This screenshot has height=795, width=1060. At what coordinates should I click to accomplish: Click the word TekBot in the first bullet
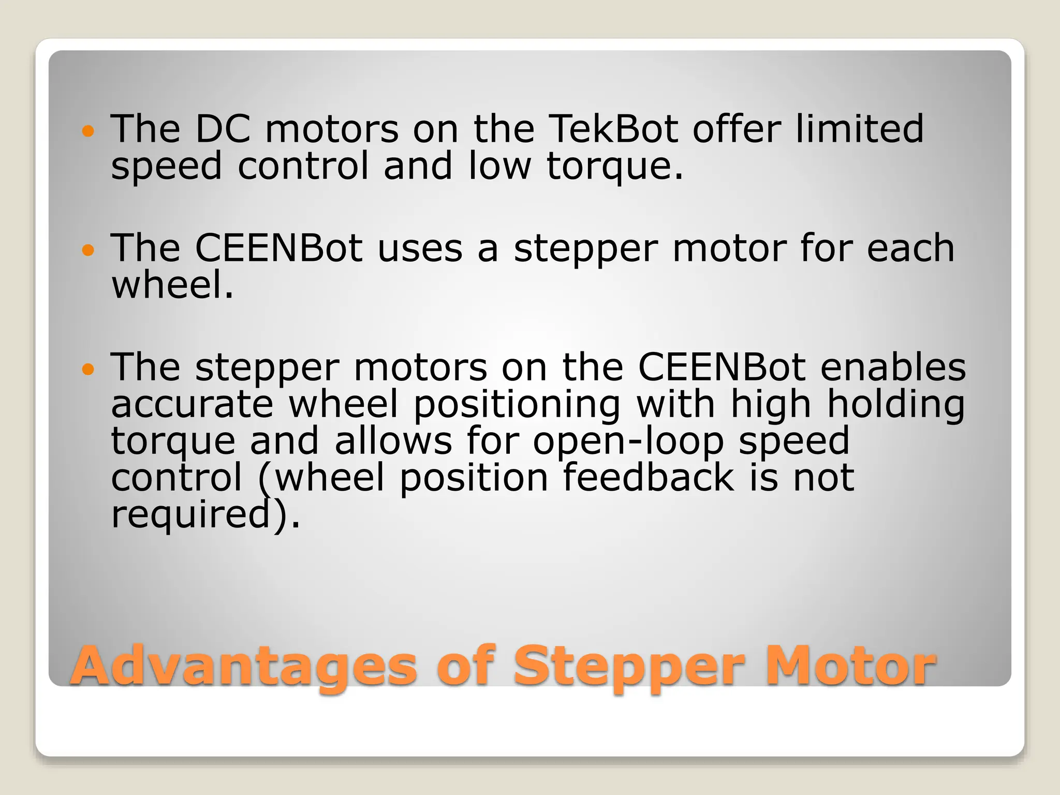[613, 129]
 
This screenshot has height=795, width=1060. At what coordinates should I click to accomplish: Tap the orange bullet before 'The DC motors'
[89, 131]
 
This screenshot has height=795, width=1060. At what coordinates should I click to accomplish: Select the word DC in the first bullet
[223, 129]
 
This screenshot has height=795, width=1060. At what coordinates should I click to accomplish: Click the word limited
[859, 129]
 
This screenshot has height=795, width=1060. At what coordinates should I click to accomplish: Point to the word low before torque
[499, 166]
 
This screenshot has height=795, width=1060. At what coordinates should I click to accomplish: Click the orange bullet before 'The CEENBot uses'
[89, 251]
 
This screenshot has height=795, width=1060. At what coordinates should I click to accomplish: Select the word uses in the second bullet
[420, 248]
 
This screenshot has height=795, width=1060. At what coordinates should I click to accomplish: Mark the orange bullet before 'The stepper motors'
[89, 370]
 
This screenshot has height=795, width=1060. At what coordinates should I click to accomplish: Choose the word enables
[893, 367]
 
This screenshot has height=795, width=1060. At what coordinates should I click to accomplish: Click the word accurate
[192, 405]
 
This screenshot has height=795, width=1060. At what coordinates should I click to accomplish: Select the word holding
[896, 405]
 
